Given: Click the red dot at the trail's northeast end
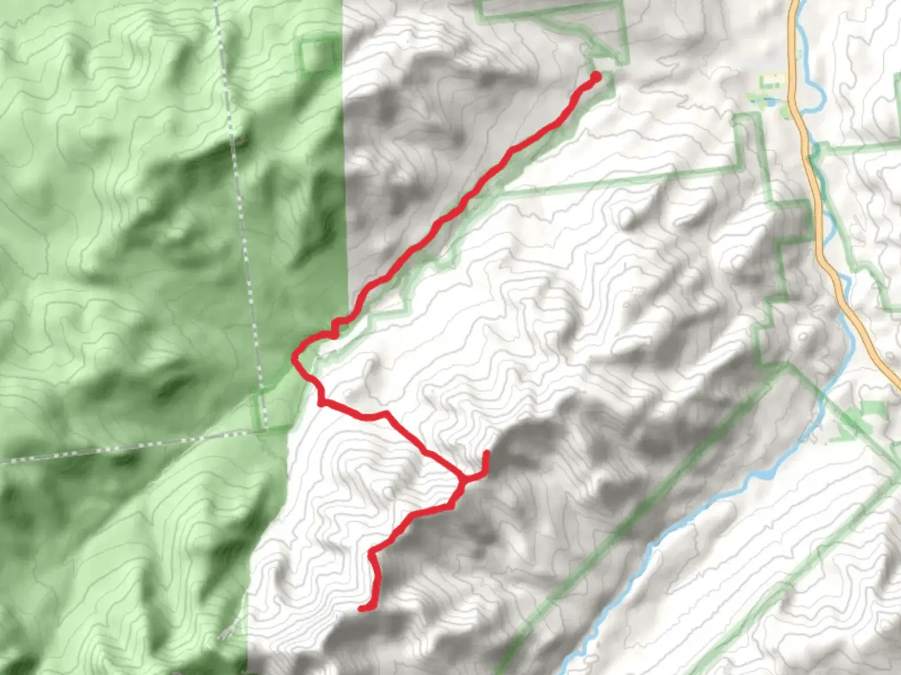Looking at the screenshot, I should coord(595,77).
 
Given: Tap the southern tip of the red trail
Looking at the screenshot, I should coord(362,608).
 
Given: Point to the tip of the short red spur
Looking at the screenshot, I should coord(486,452).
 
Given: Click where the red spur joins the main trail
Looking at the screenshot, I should coord(464,479).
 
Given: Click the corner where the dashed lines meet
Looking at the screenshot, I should coord(266,429).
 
